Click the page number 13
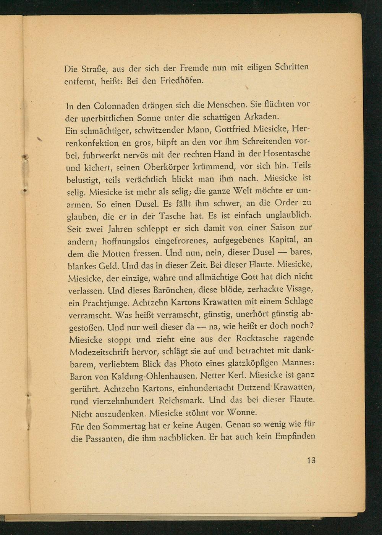(311, 460)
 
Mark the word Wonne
(243, 413)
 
